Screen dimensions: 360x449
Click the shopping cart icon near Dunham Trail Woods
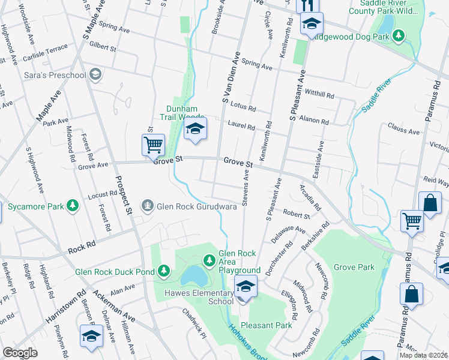coord(153,144)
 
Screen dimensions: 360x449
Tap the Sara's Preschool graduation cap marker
coord(95,74)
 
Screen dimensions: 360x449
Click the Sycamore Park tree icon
coord(73,206)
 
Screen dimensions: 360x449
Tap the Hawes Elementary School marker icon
coord(245,287)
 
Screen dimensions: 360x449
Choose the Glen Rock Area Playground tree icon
coord(209,260)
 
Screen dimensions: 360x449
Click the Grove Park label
coord(354,267)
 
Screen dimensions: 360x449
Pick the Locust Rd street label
coord(102,194)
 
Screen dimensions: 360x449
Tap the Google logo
coord(20,353)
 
